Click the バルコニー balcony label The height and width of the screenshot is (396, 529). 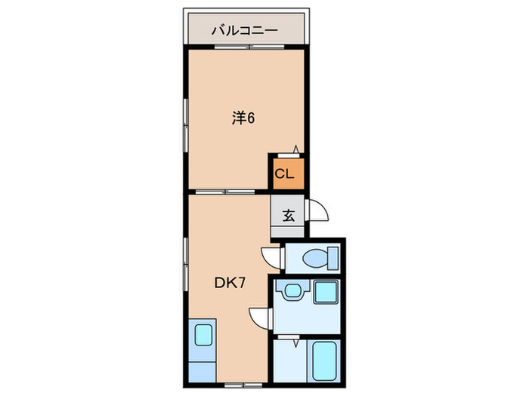244,31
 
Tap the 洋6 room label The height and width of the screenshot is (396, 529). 243,118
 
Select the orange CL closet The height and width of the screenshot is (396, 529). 288,174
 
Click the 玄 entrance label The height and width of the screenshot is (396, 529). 288,214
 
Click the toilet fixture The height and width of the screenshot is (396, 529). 314,259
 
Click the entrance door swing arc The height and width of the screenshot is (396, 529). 317,210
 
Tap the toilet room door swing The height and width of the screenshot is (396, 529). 272,257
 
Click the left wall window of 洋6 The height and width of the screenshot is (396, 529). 186,121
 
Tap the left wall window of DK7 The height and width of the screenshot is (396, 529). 186,257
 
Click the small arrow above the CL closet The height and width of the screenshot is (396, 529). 295,150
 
